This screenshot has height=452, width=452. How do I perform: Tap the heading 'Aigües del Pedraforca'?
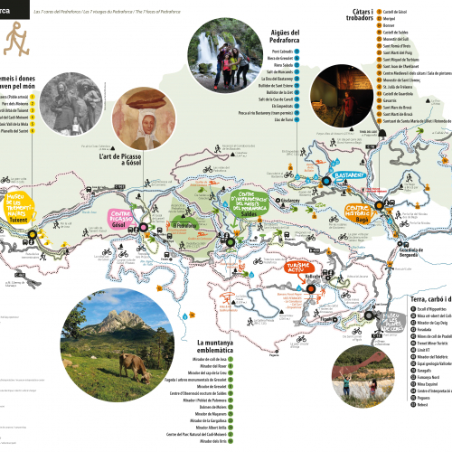(x=270, y=42)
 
